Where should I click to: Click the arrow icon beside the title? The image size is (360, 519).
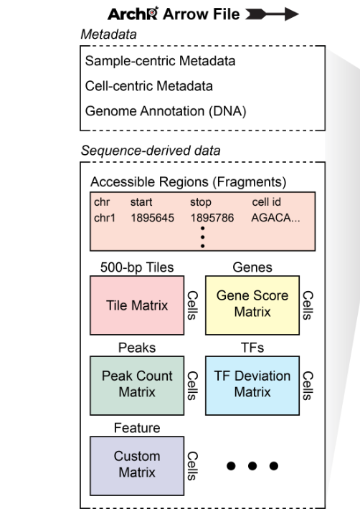272,14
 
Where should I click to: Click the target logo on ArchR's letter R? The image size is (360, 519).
152,12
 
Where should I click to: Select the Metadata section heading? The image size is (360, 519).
108,34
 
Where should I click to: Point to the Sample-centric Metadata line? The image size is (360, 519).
160,61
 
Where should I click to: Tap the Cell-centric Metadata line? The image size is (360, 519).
148,86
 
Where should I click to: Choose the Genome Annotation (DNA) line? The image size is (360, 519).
166,111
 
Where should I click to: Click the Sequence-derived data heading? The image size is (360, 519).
151,151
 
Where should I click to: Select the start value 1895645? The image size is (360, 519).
152,218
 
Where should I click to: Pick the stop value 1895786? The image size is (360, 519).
212,218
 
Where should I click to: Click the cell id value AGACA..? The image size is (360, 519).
275,218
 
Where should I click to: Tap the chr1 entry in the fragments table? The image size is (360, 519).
105,218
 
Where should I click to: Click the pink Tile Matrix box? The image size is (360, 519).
137,305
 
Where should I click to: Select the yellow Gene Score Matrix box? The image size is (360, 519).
252,305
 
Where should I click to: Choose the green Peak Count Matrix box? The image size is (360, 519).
137,386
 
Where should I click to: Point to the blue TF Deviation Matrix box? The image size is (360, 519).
252,386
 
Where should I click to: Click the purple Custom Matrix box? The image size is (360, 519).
137,466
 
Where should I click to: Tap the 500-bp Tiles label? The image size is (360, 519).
137,267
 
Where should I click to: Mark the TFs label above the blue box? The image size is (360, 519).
252,348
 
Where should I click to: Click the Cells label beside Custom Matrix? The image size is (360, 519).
192,466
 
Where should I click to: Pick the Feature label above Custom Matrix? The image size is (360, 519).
137,428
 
